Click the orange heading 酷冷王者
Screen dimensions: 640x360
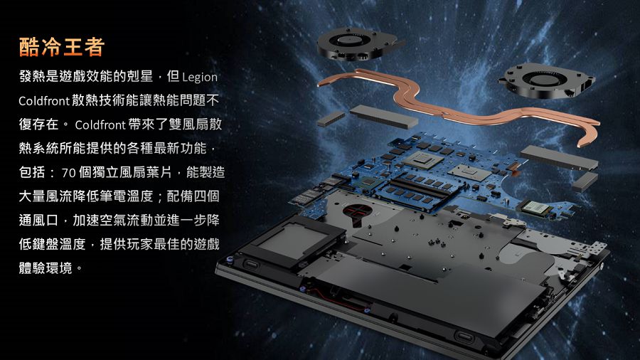(62, 46)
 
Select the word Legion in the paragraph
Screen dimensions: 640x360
(200, 77)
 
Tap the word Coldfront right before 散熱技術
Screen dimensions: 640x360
(44, 101)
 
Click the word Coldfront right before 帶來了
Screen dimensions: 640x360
(100, 125)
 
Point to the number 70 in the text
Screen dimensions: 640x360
(68, 173)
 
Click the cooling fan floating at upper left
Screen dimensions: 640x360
(357, 44)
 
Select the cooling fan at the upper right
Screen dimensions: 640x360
(546, 80)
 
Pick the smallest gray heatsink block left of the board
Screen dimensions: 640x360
(331, 118)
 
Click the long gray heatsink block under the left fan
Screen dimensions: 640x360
(384, 116)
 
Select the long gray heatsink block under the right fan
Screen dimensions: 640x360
(559, 157)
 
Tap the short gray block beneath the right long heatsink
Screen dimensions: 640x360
(585, 181)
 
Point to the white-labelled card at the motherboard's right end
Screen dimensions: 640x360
(535, 208)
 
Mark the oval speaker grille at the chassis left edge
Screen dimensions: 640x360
(250, 265)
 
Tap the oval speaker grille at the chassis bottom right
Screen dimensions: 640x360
(464, 337)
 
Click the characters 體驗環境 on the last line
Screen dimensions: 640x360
(46, 268)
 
